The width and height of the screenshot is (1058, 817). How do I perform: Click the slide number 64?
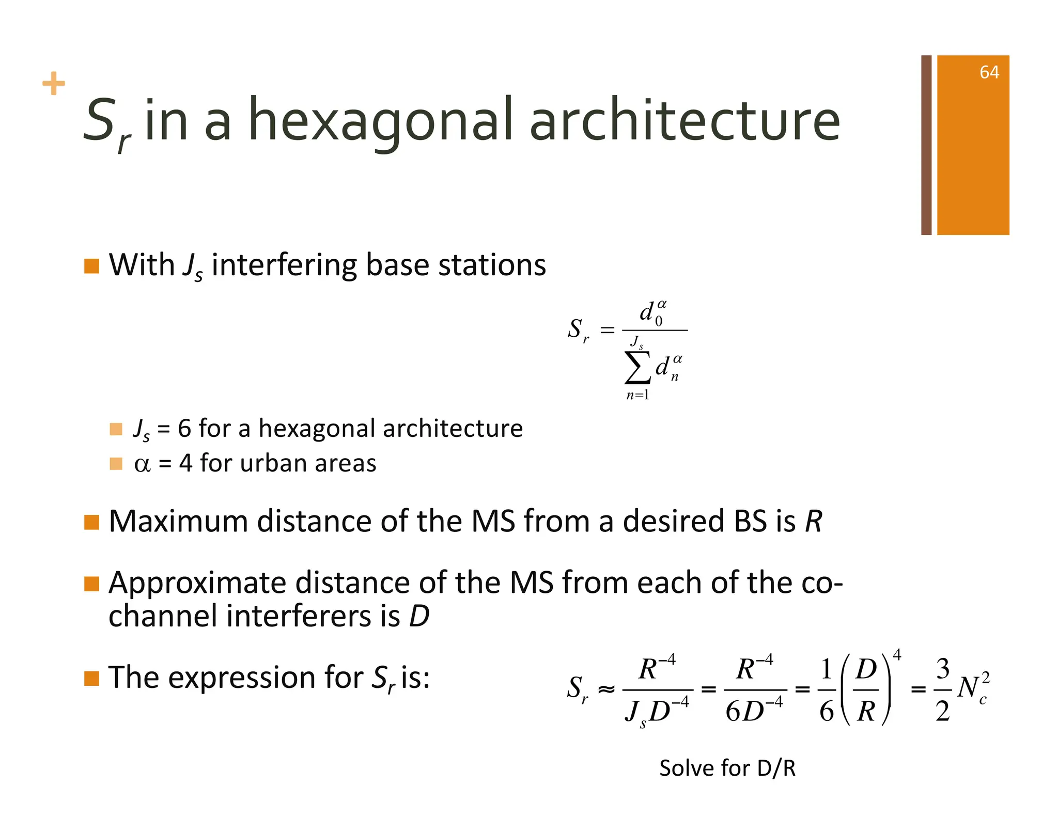[x=989, y=72]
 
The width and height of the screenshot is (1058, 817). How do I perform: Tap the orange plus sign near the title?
[x=54, y=84]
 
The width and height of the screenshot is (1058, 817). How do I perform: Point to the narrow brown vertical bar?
[x=926, y=145]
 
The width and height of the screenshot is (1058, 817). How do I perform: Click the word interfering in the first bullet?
[x=284, y=265]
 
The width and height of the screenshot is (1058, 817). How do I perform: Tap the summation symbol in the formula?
[x=637, y=367]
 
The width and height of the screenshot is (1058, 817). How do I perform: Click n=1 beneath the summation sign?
[x=637, y=396]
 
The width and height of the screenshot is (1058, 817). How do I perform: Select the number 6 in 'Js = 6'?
[x=184, y=429]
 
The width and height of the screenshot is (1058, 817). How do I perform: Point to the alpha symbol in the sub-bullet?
[x=142, y=464]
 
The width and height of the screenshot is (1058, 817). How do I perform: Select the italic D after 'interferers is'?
[x=419, y=616]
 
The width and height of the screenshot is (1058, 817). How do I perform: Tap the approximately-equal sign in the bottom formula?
[x=606, y=689]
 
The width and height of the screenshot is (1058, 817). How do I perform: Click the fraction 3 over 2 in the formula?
[x=942, y=689]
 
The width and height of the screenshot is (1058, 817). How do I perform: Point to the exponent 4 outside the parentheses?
[x=897, y=655]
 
